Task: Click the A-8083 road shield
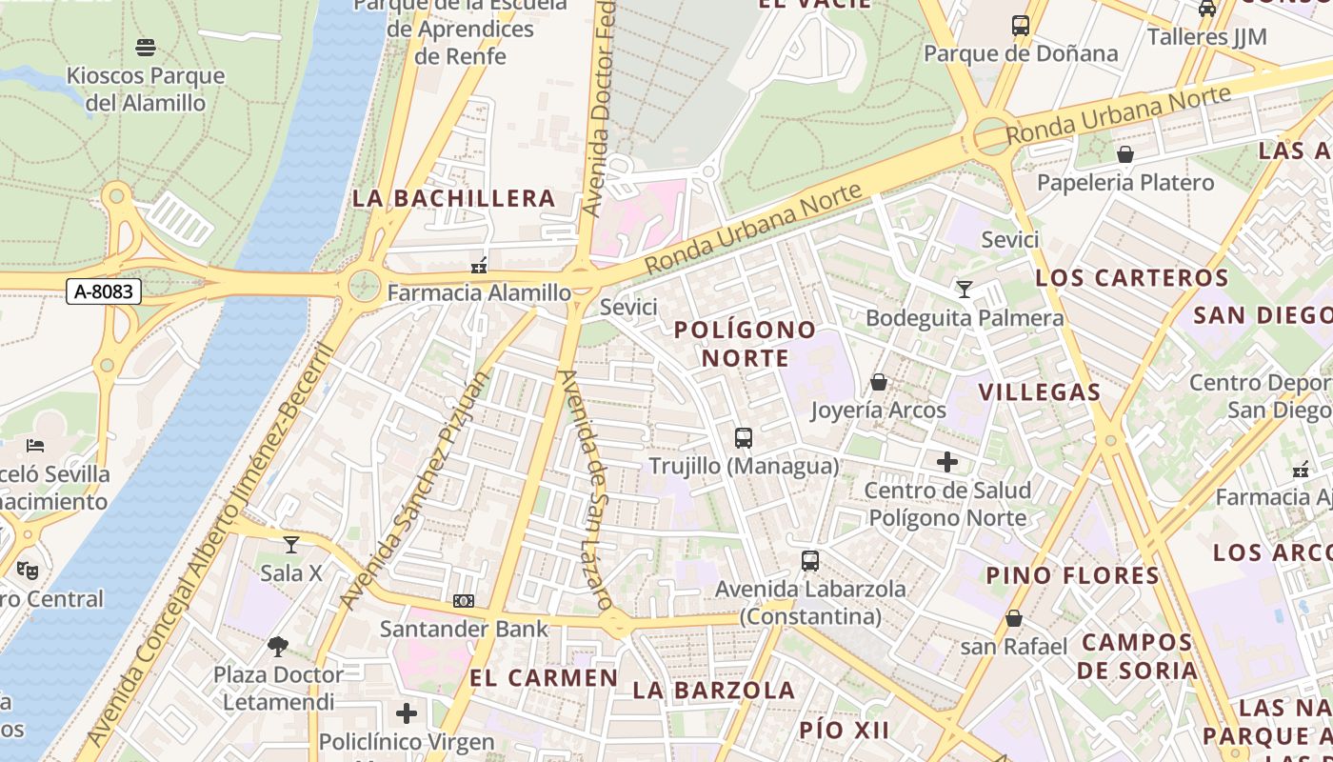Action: coord(104,291)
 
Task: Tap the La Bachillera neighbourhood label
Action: coord(454,198)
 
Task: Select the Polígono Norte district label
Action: coord(746,344)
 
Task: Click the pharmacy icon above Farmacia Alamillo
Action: coord(479,265)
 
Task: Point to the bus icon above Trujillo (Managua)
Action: coord(744,438)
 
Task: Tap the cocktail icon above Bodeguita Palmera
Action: coord(965,289)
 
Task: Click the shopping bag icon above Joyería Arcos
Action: coord(878,382)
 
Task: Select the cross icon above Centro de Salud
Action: coord(947,462)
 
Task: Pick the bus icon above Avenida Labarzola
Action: coord(810,561)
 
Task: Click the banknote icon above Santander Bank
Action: coord(464,601)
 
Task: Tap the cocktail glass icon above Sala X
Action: coord(291,545)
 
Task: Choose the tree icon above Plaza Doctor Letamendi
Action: coord(278,647)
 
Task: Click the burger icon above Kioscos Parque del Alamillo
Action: coord(146,47)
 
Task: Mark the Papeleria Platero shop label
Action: coord(1125,182)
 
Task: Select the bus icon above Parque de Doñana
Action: coord(1021,26)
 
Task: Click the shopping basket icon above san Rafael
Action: coord(1014,618)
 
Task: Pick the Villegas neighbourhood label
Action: coord(1040,391)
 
